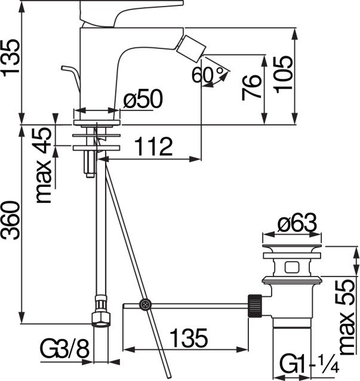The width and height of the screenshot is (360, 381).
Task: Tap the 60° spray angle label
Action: [x=208, y=75]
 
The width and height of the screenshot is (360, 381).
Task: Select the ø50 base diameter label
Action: [x=143, y=99]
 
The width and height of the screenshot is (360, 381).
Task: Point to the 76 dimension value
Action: [x=252, y=88]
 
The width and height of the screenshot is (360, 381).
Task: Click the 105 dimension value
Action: [x=283, y=75]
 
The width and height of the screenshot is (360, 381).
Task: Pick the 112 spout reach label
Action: [x=153, y=146]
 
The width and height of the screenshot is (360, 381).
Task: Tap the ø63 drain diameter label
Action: [x=297, y=223]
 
